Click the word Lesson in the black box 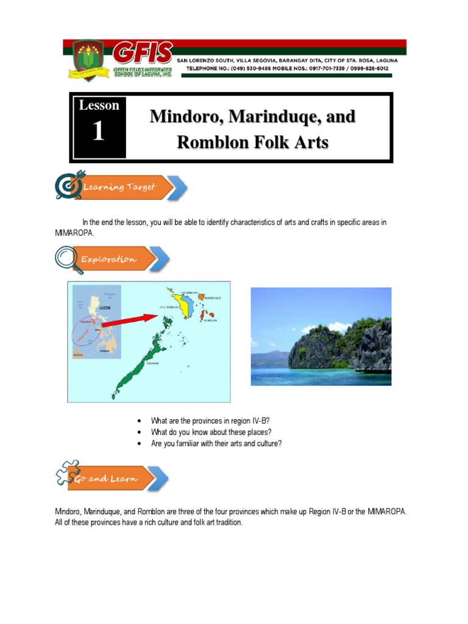[99, 105]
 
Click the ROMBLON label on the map [211, 320]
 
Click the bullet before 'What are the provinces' [140, 421]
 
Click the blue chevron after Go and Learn [160, 478]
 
